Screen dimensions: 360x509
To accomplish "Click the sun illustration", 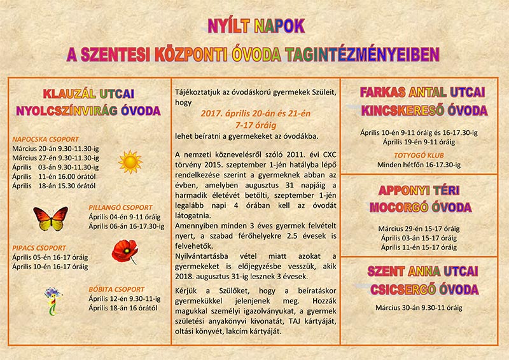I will point(130,162).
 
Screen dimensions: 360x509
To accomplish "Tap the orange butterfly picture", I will point(51,219).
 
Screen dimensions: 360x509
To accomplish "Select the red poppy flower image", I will point(125,251).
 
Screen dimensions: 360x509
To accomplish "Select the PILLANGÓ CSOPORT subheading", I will point(121,207).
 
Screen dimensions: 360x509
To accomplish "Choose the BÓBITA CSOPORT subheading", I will point(116,289).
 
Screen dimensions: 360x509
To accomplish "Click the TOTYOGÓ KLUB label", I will point(418,155).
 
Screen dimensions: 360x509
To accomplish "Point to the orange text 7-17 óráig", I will point(254,125).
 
